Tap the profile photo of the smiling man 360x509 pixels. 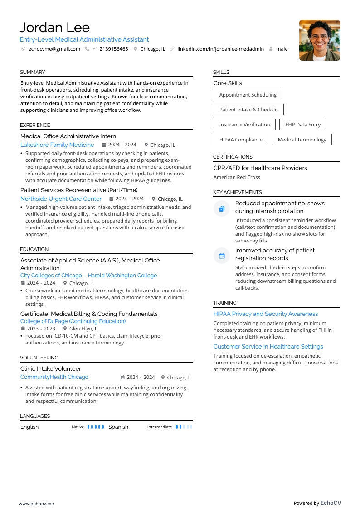pyautogui.click(x=319, y=40)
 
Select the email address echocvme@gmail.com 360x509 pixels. pyautogui.click(x=54, y=49)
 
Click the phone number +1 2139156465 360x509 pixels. pyautogui.click(x=110, y=49)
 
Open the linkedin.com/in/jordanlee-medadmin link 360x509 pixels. pyautogui.click(x=220, y=49)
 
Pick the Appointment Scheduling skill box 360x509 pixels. pyautogui.click(x=248, y=95)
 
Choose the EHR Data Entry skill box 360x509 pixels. pyautogui.click(x=302, y=125)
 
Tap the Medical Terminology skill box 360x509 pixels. pyautogui.click(x=302, y=140)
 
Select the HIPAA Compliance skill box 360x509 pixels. pyautogui.click(x=241, y=140)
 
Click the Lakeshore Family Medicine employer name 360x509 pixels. pyautogui.click(x=57, y=145)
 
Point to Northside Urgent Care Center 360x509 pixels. pyautogui.click(x=61, y=199)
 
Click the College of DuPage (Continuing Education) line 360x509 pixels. pyautogui.click(x=73, y=321)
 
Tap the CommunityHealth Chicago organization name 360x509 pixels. pyautogui.click(x=54, y=377)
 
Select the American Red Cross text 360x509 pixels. pyautogui.click(x=237, y=177)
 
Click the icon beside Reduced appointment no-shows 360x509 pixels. pyautogui.click(x=222, y=209)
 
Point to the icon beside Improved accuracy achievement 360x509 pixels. pyautogui.click(x=222, y=256)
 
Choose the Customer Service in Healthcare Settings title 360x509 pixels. pyautogui.click(x=268, y=347)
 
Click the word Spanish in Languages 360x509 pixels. pyautogui.click(x=118, y=427)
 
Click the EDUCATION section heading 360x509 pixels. pyautogui.click(x=34, y=249)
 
